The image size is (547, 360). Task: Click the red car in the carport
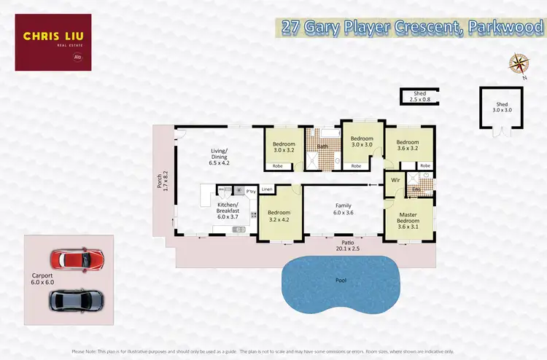pyautogui.click(x=77, y=259)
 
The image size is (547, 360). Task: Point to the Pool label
pyautogui.click(x=341, y=281)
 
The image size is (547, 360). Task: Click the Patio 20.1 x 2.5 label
pyautogui.click(x=347, y=244)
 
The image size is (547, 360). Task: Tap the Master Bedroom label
pyautogui.click(x=408, y=218)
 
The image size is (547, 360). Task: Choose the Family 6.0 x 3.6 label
pyautogui.click(x=344, y=210)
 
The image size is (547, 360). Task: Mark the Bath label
pyautogui.click(x=322, y=147)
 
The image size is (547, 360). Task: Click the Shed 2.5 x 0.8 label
pyautogui.click(x=419, y=97)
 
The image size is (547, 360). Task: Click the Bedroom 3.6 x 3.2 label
pyautogui.click(x=408, y=146)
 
